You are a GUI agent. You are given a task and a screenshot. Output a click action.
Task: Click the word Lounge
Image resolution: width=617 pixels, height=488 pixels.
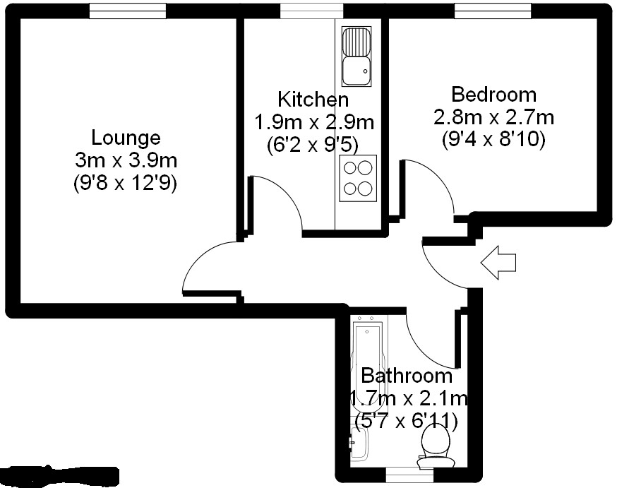click(x=126, y=138)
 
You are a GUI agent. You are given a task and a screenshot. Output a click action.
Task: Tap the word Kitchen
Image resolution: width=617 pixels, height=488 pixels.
click(x=313, y=99)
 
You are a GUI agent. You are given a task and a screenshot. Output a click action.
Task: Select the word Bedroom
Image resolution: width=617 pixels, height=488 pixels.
click(x=493, y=94)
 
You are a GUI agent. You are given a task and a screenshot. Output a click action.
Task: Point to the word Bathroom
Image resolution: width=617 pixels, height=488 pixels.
click(x=406, y=376)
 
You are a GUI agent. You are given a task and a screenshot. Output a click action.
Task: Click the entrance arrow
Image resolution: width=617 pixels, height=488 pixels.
click(x=498, y=262)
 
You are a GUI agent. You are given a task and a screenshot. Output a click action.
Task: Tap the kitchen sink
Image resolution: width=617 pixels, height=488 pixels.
click(x=357, y=56)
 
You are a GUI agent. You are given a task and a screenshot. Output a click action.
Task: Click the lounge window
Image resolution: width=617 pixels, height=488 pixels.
click(x=128, y=11)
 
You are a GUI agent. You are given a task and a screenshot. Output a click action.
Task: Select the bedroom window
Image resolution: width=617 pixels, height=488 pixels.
click(x=492, y=11)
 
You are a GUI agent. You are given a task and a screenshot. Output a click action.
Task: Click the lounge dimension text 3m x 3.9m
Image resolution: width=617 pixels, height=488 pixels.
click(x=126, y=160)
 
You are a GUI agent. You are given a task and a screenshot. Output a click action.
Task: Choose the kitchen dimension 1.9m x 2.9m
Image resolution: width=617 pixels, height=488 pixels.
click(x=313, y=122)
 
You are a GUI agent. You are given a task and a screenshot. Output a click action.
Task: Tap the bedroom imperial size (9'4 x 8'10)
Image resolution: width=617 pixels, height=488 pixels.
click(x=493, y=140)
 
